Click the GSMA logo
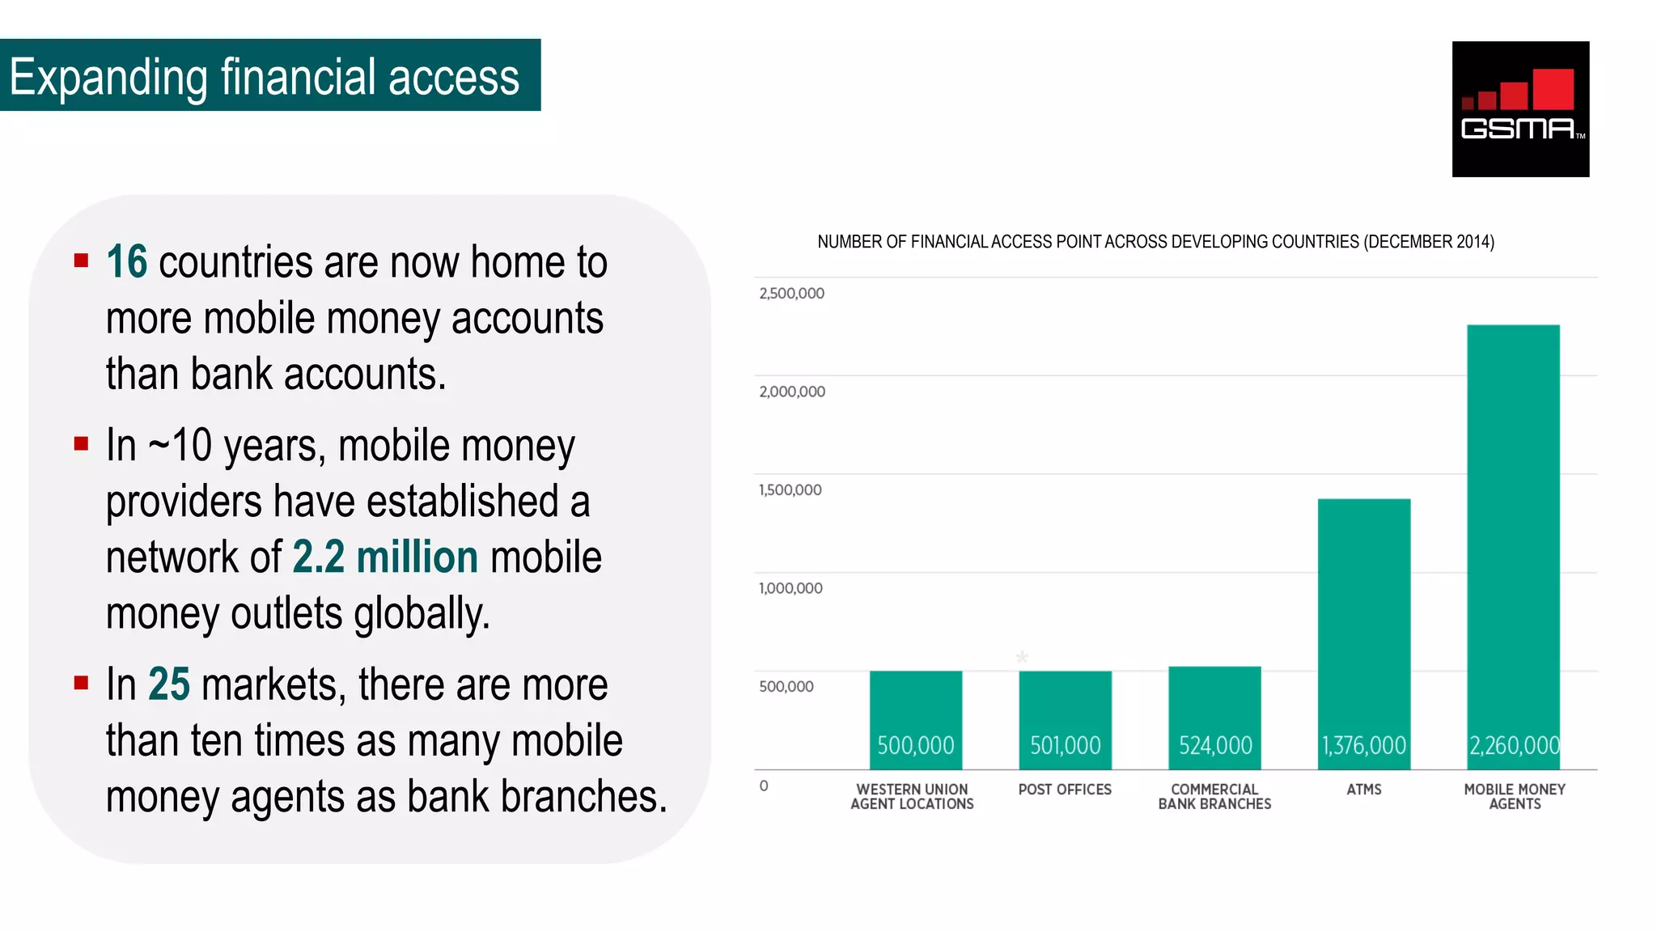click(x=1520, y=108)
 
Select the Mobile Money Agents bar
click(x=1513, y=534)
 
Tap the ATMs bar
click(x=1363, y=623)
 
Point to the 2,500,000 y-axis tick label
click(x=791, y=294)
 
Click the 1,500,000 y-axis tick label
click(x=790, y=490)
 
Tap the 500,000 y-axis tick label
click(x=786, y=687)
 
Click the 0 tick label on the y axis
click(x=764, y=786)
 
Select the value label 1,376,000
click(x=1363, y=745)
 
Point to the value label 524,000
click(x=1215, y=745)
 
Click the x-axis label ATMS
click(x=1363, y=790)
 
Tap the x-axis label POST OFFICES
click(x=1065, y=790)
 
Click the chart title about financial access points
click(x=1155, y=242)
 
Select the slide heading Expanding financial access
click(x=265, y=77)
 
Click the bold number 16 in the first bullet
click(x=127, y=262)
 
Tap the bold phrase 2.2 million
click(x=385, y=557)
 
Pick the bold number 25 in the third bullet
click(x=169, y=684)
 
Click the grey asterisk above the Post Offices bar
click(x=1022, y=657)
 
